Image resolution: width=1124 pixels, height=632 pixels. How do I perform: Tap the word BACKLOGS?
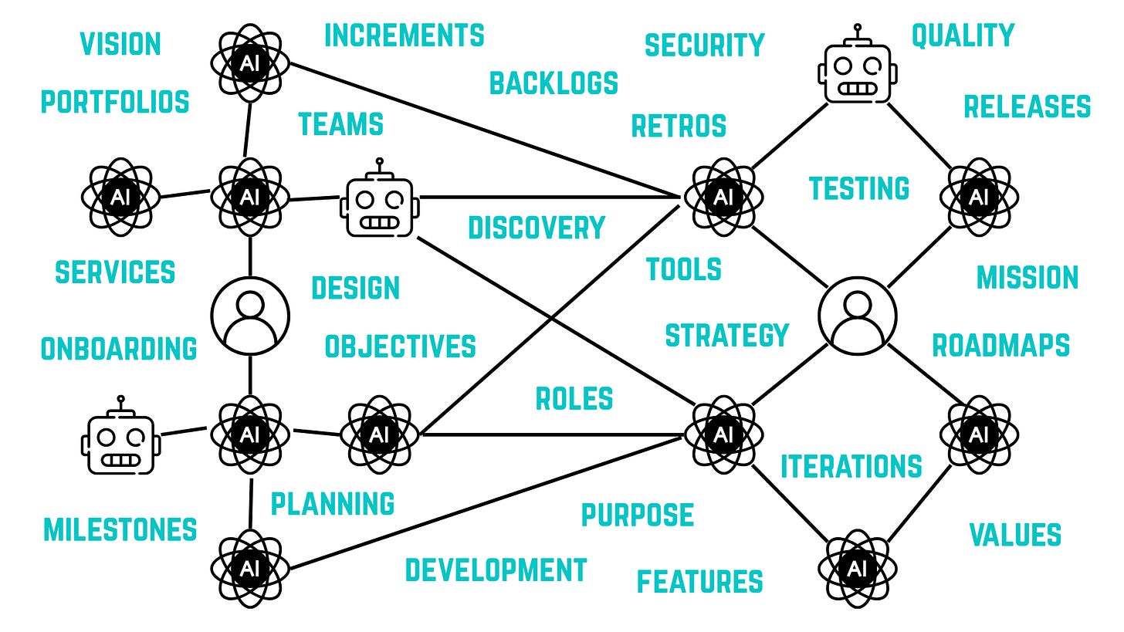tap(554, 83)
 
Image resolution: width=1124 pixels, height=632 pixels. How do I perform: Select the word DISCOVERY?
tap(537, 228)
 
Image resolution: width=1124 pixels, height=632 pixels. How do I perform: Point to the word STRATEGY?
tap(726, 336)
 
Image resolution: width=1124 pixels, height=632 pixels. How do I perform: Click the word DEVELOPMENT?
tap(496, 570)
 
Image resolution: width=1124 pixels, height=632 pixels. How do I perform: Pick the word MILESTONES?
tap(120, 530)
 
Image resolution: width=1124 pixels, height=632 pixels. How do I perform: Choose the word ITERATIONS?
tap(851, 467)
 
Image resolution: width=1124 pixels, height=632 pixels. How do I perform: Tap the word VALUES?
tap(1014, 535)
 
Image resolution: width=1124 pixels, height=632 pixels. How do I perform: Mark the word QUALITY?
tap(963, 35)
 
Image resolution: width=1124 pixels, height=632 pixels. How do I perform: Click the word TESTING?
tap(858, 188)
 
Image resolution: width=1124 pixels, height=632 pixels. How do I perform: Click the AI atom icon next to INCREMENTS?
tap(250, 64)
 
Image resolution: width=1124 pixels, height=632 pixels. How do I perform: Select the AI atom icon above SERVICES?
tap(120, 197)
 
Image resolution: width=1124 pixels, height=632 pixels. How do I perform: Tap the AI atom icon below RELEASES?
tap(978, 197)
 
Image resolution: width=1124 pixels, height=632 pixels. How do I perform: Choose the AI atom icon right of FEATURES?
tap(857, 569)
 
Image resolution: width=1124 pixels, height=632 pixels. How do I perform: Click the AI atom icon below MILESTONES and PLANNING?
tap(250, 569)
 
